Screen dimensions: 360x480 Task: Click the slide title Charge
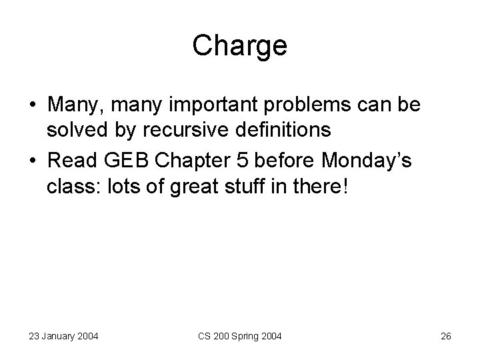240,46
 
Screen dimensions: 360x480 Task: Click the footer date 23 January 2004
63,337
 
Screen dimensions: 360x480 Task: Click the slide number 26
446,337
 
